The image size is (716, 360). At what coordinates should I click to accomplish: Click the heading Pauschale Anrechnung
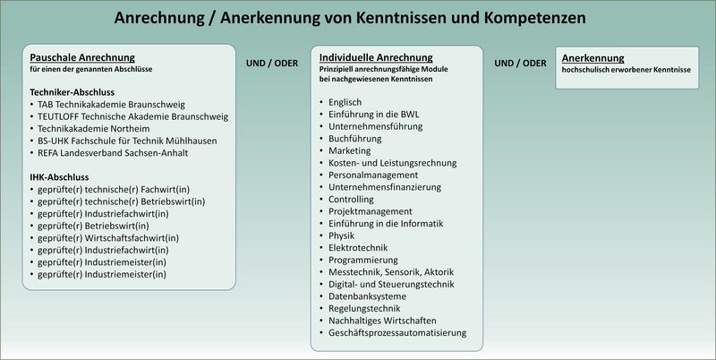(82, 56)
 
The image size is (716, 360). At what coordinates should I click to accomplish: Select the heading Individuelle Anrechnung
(376, 56)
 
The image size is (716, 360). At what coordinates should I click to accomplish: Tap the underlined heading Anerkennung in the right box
(592, 56)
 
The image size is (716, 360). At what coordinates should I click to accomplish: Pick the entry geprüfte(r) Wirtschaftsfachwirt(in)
(107, 237)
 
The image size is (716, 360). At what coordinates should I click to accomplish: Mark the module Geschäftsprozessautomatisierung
(397, 332)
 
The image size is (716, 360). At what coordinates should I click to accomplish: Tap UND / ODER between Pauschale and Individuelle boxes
(271, 63)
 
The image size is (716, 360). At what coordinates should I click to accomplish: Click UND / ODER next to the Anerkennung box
(520, 63)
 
